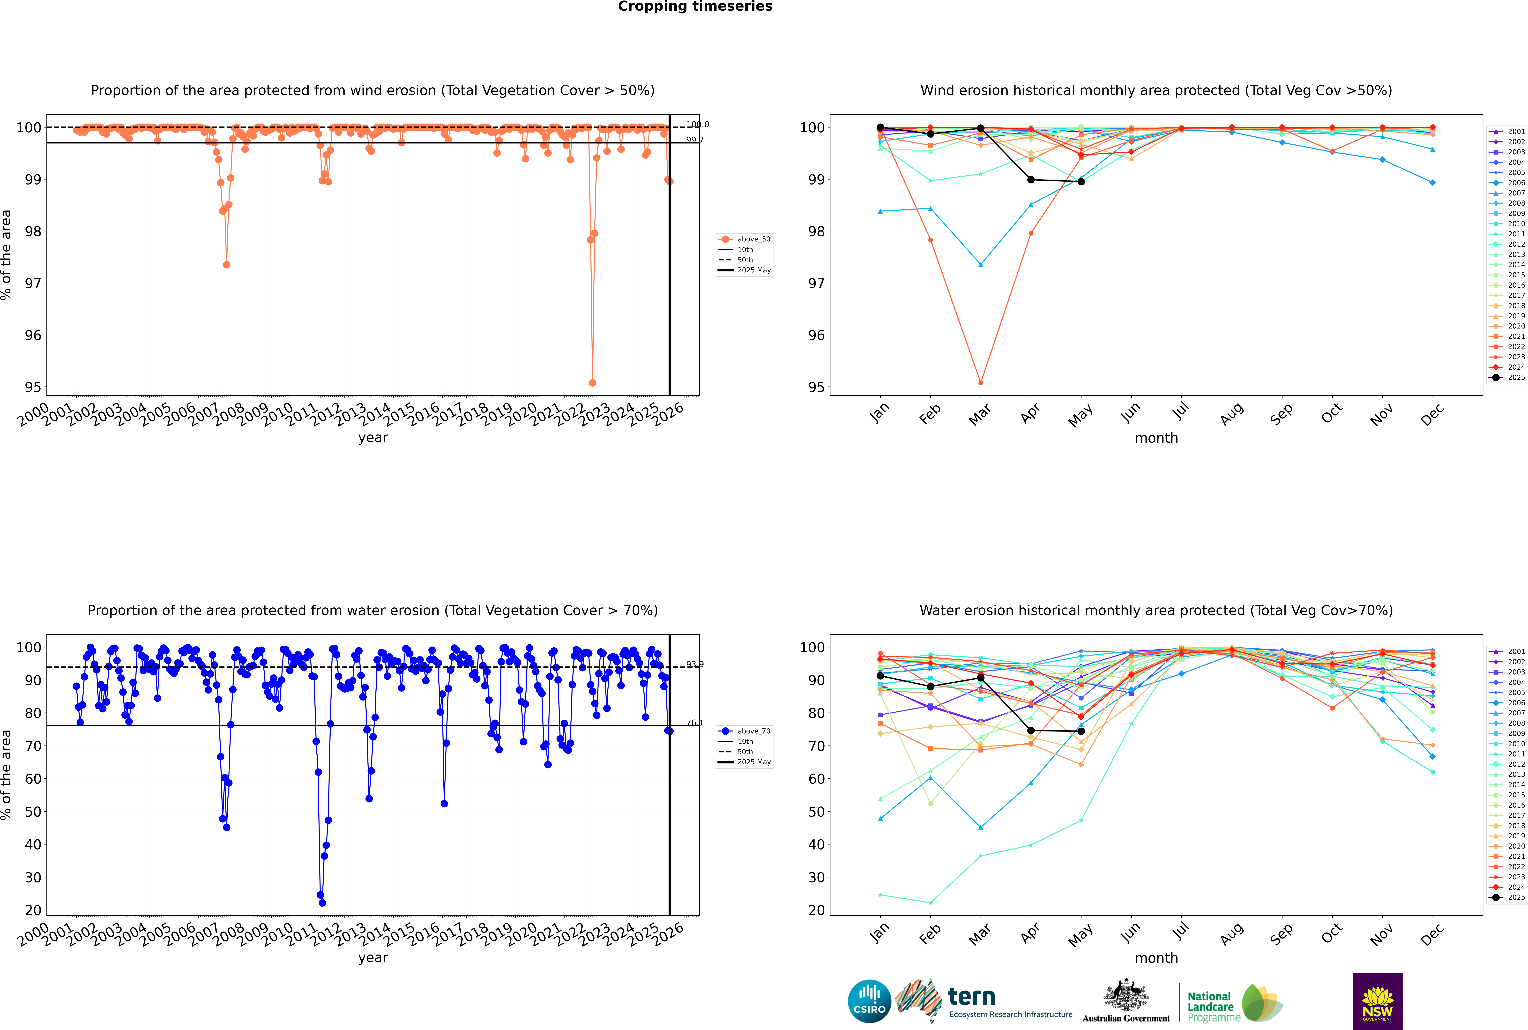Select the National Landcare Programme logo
pos(1234,1003)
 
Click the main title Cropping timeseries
pos(695,7)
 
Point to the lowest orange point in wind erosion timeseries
pos(593,382)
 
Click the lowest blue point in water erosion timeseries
pos(322,903)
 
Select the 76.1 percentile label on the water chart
pos(694,723)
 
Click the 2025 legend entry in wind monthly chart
pos(1511,378)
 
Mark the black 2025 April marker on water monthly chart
pos(1031,731)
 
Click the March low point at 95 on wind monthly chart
pos(981,382)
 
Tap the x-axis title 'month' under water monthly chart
pos(1156,958)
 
